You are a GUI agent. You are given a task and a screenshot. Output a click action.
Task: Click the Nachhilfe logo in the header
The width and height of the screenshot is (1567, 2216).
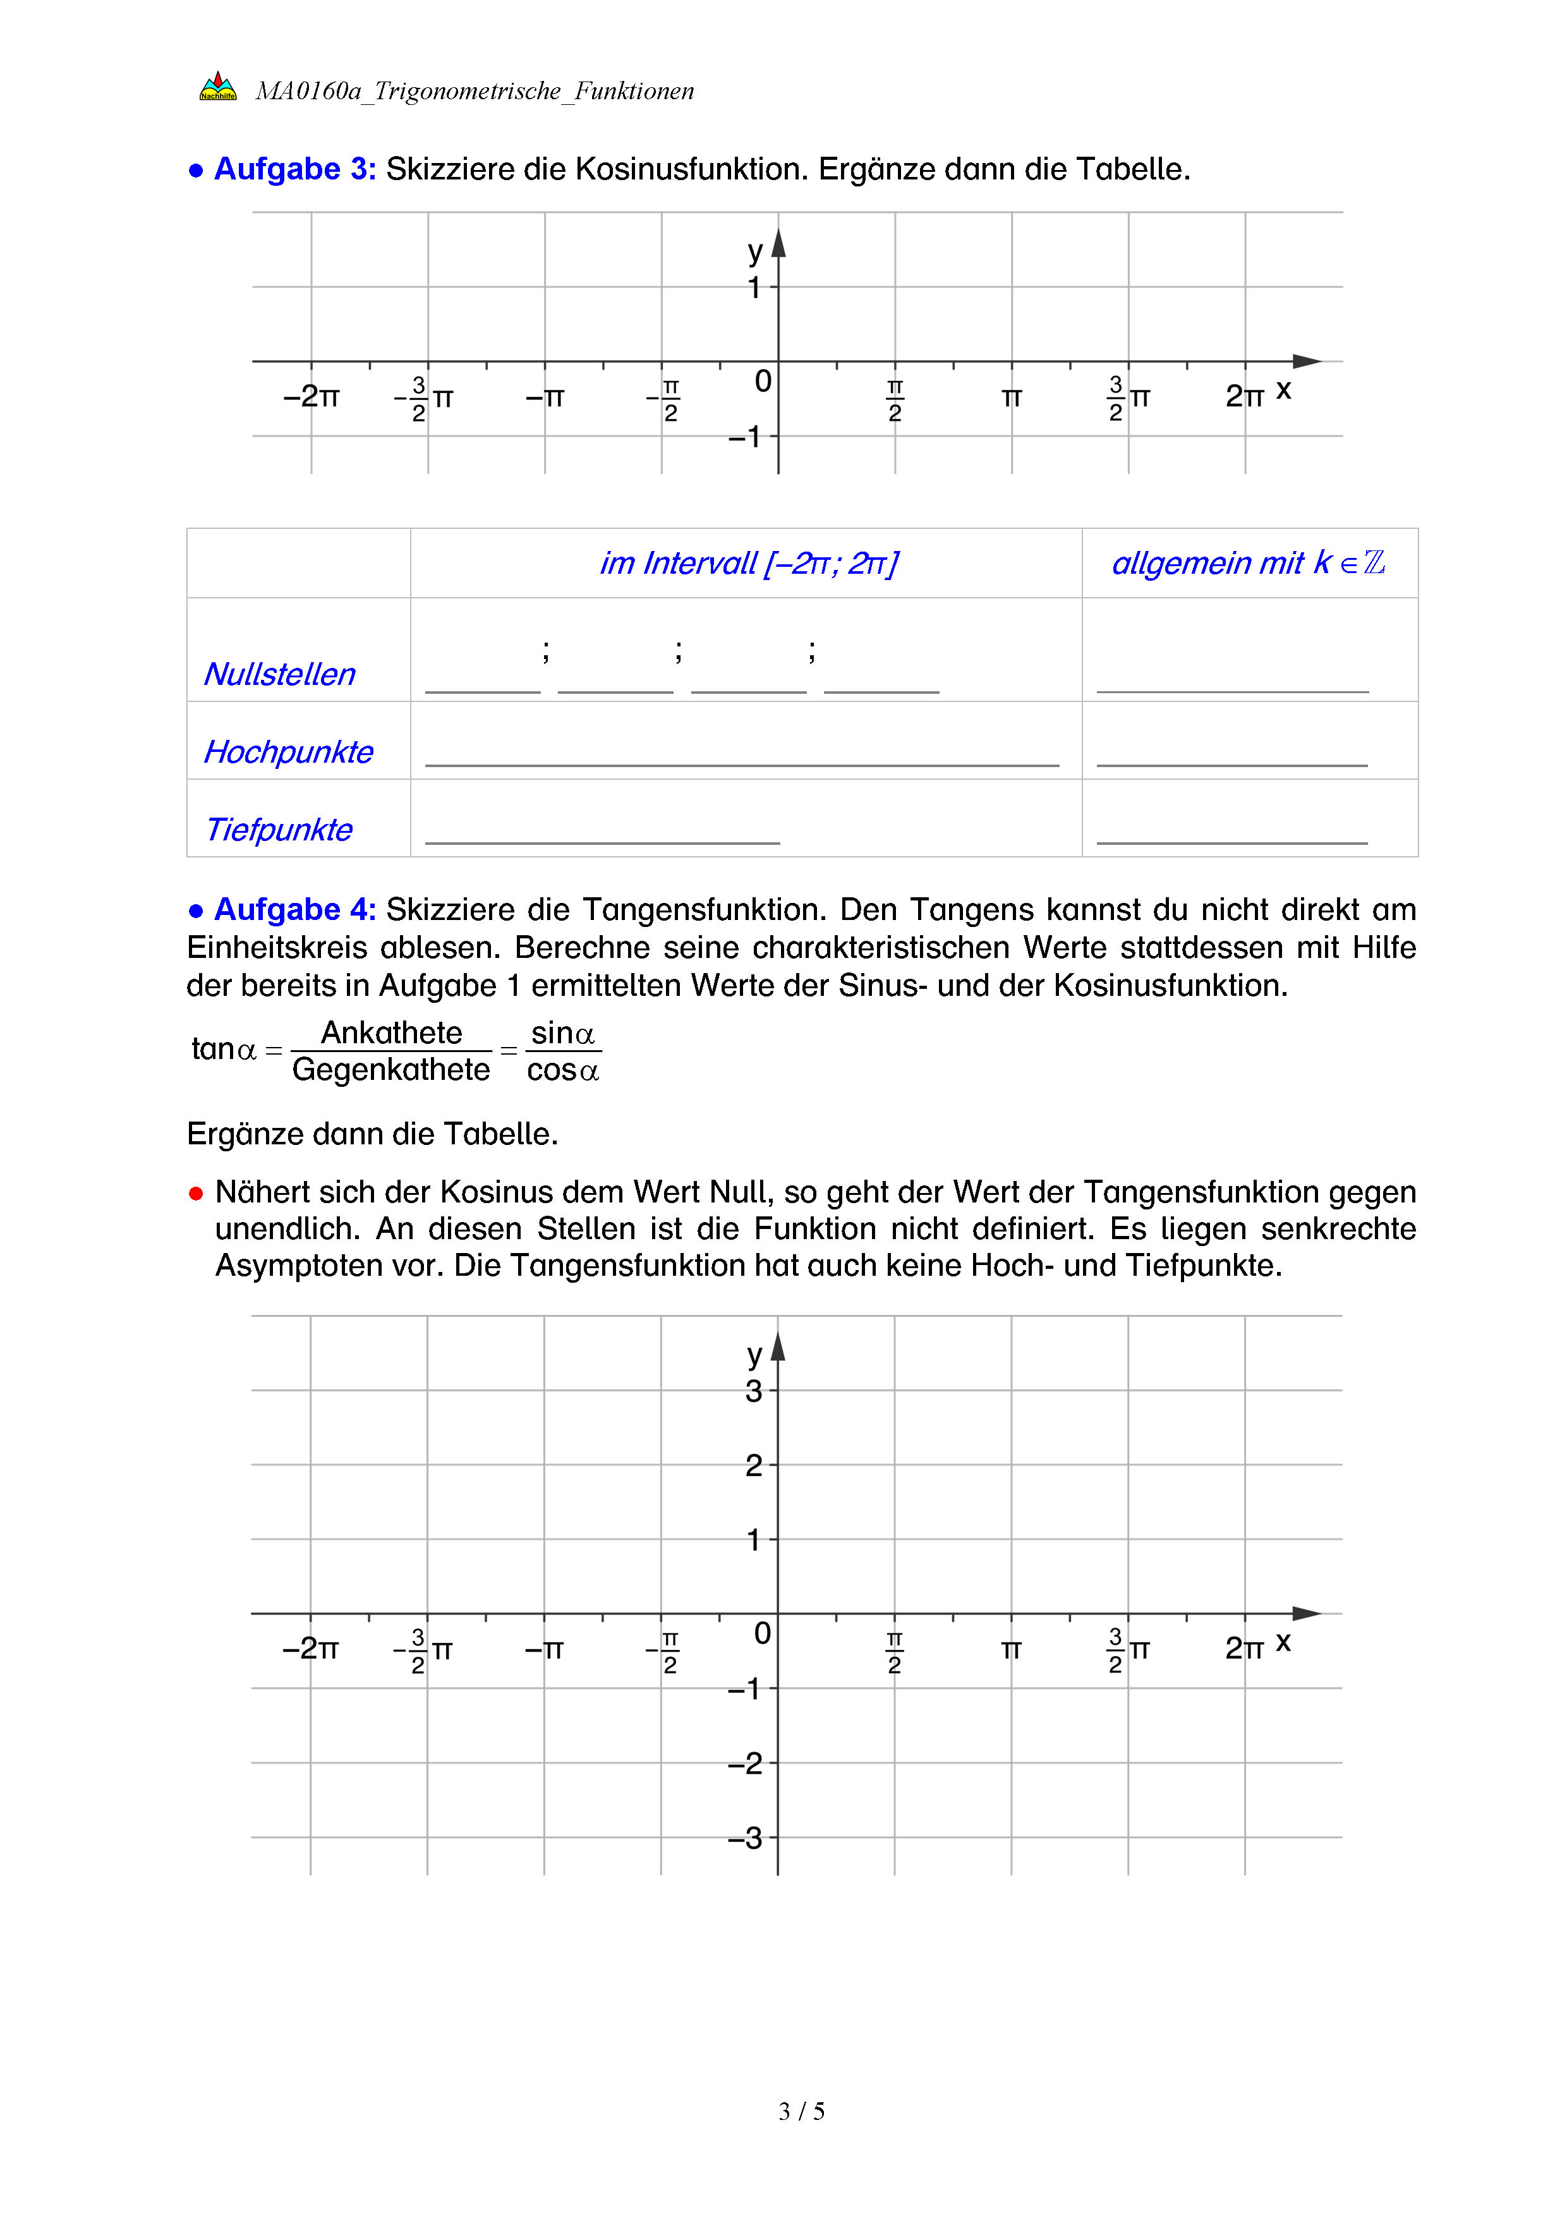coord(218,87)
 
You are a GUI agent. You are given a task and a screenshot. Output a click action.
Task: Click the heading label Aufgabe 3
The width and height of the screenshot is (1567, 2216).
coord(294,169)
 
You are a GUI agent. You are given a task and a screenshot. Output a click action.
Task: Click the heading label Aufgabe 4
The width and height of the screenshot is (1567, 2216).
coord(294,909)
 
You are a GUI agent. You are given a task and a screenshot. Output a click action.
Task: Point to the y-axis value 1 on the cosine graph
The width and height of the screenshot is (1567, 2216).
coord(754,288)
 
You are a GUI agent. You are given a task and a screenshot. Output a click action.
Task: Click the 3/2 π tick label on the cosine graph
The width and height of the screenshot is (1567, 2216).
coord(1128,397)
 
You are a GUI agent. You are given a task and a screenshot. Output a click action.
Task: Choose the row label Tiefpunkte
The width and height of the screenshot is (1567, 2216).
coord(279,829)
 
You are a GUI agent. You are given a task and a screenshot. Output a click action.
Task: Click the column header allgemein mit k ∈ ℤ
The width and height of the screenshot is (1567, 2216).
coord(1249,562)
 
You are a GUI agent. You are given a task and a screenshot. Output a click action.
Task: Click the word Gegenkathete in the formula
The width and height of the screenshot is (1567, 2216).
coord(390,1069)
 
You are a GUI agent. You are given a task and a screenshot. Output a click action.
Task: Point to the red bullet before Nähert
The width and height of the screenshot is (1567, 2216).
coord(196,1194)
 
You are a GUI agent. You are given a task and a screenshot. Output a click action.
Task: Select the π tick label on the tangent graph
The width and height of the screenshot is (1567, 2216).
coord(1010,1649)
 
